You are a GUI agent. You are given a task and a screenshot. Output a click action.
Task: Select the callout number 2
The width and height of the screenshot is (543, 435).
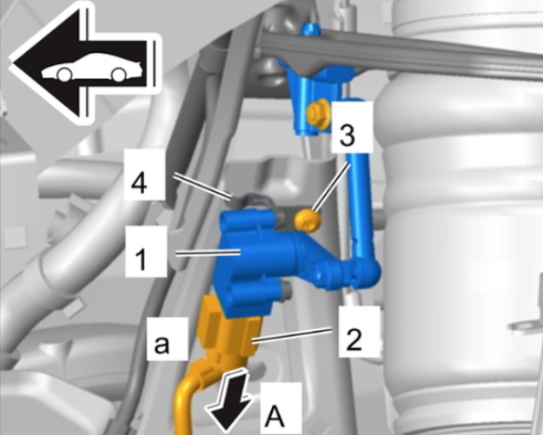(354, 339)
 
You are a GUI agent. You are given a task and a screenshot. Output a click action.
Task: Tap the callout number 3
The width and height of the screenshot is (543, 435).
(347, 135)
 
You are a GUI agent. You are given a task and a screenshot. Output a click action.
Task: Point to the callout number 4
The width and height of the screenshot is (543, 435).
(139, 183)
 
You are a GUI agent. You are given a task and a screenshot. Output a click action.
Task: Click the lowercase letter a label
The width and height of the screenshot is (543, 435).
(162, 344)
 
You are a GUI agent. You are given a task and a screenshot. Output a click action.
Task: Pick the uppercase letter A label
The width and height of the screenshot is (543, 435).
(275, 416)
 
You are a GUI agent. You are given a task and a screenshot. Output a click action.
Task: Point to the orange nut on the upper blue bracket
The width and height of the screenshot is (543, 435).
(316, 113)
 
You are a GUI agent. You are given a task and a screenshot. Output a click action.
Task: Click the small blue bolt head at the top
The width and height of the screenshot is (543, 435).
(310, 29)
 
